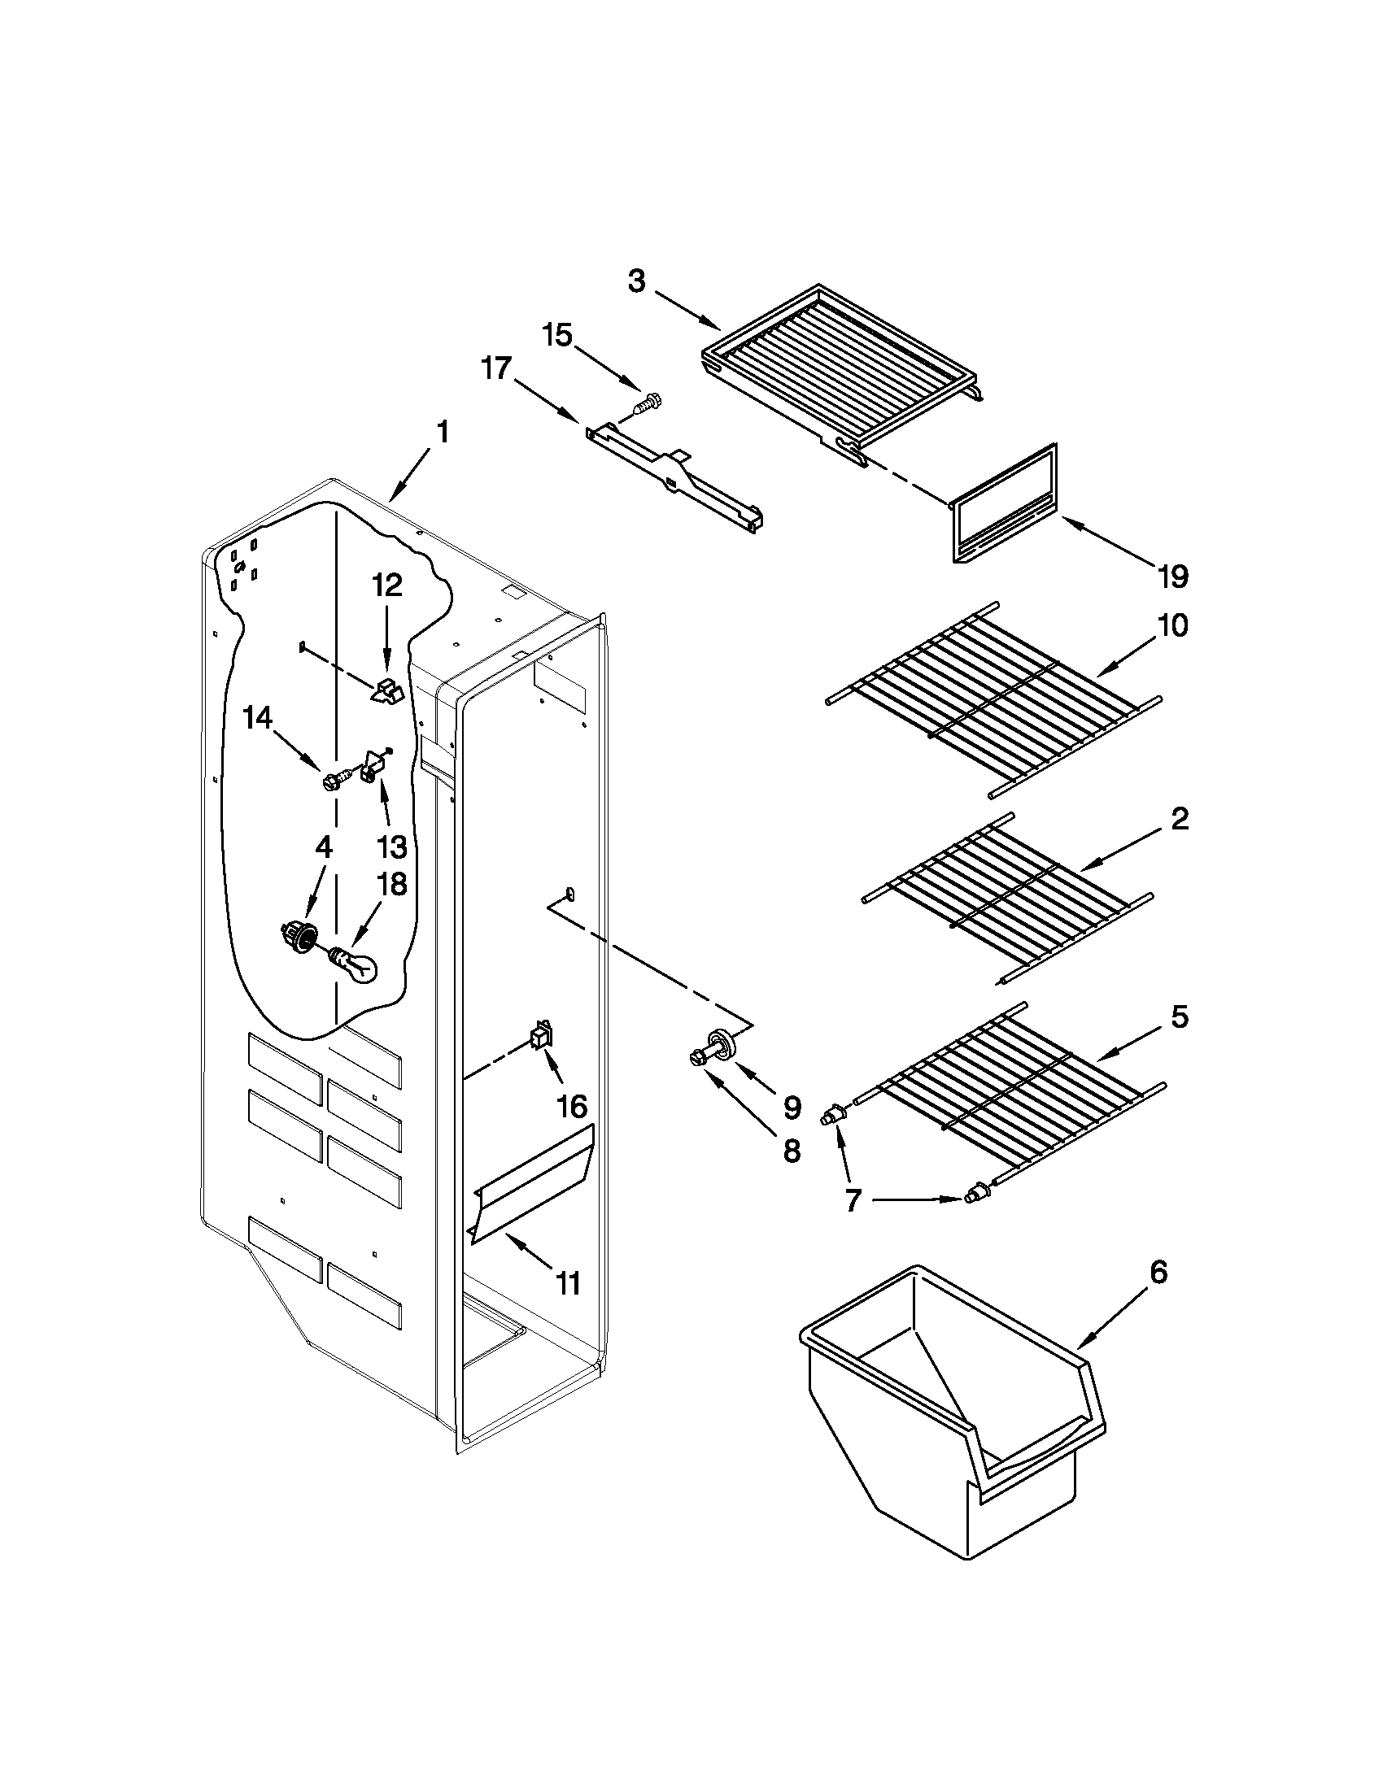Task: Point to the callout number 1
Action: pos(443,433)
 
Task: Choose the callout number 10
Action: pos(1172,626)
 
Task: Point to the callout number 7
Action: pos(852,1201)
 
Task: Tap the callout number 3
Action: pos(637,282)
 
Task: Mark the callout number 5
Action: pos(1178,1017)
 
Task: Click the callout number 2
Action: pos(1178,819)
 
